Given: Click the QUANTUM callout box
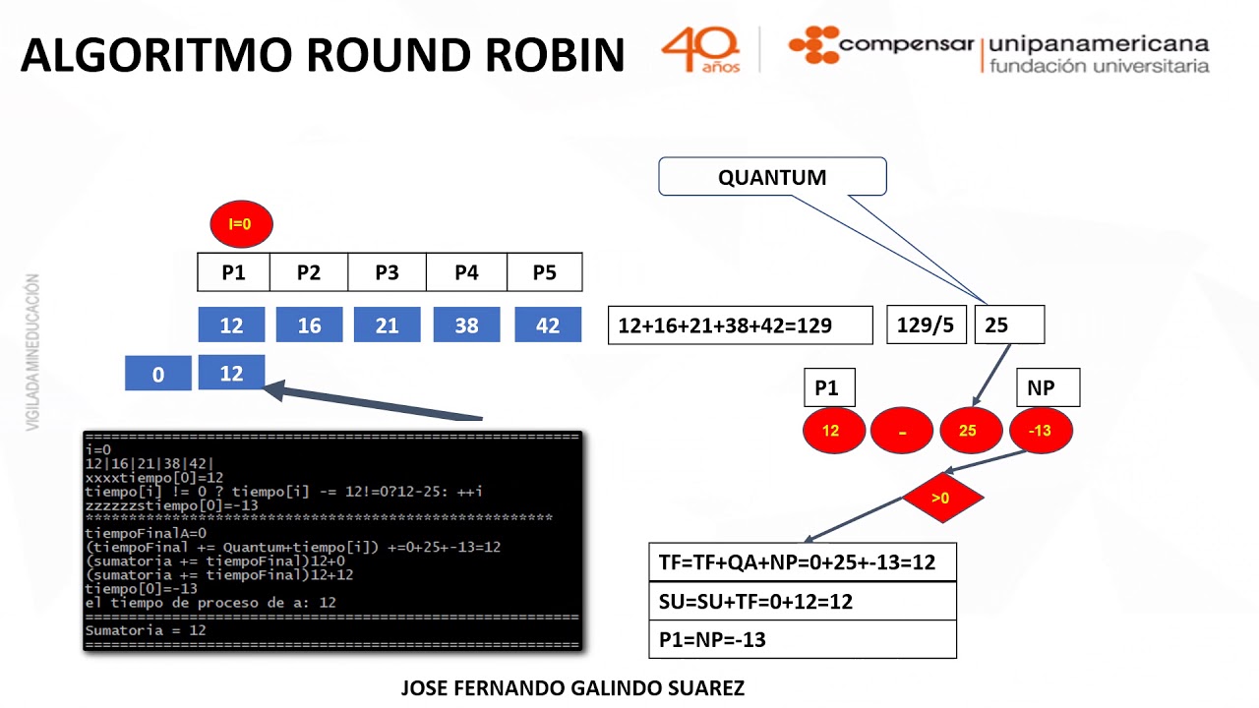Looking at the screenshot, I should [x=772, y=177].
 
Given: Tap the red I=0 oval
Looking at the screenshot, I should [x=241, y=224].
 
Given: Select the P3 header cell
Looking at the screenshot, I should [x=387, y=272].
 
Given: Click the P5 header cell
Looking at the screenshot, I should [x=544, y=272].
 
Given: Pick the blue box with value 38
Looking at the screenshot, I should [x=466, y=324].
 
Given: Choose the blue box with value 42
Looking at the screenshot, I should [x=548, y=324].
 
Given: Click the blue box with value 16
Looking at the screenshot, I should [x=309, y=324].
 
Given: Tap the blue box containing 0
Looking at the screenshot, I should [x=158, y=374].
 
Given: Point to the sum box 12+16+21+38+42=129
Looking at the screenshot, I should [x=740, y=325].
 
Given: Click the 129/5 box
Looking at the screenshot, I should [x=926, y=324].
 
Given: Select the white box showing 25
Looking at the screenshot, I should [x=1008, y=324].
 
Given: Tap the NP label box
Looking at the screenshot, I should [x=1047, y=387].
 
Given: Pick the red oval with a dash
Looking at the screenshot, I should [x=902, y=431].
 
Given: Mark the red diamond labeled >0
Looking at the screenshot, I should [x=942, y=498].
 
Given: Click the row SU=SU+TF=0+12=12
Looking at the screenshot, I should [x=803, y=601].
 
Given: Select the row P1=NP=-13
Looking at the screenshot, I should [x=803, y=639].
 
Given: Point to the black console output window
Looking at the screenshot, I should [x=332, y=540].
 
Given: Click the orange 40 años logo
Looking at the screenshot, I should [x=700, y=49].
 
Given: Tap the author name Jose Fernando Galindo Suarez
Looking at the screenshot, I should [x=572, y=688].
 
